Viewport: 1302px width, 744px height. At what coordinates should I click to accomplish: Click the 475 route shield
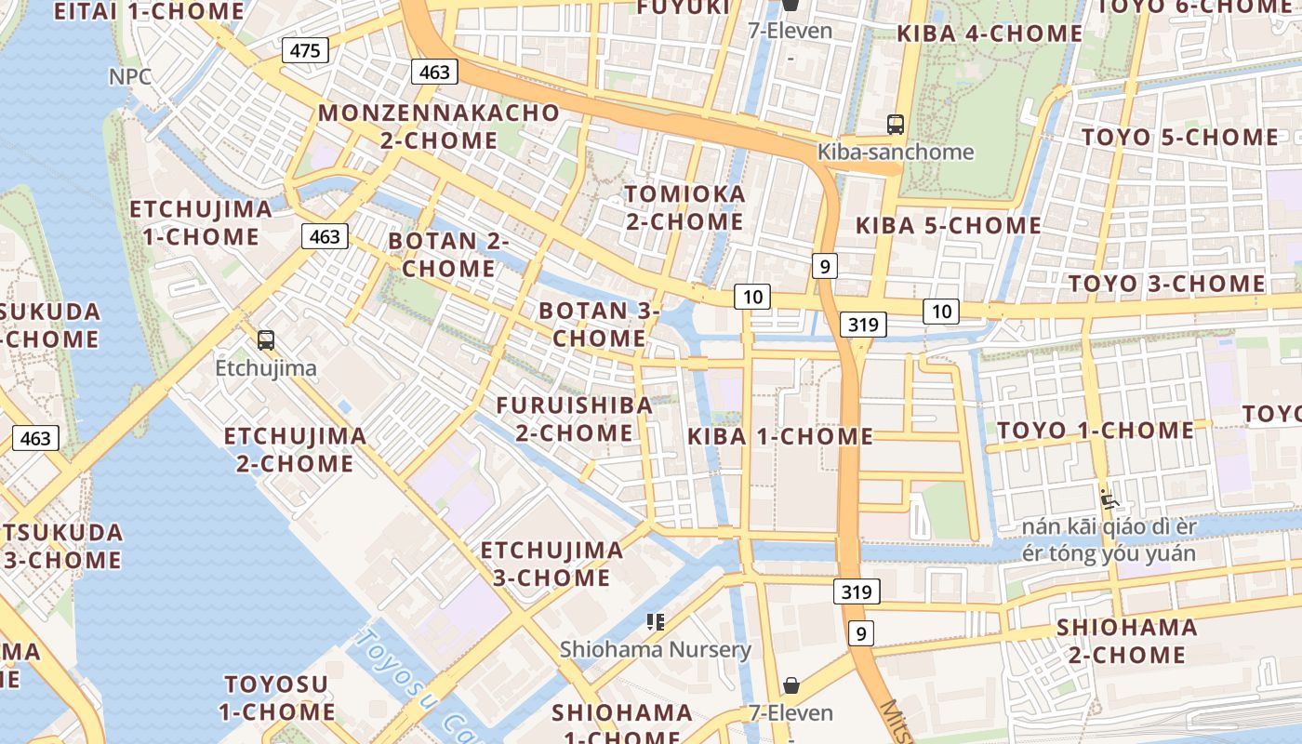click(305, 50)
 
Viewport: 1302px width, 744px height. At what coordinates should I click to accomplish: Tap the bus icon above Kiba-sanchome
click(896, 124)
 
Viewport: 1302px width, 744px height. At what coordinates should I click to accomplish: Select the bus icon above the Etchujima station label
click(266, 339)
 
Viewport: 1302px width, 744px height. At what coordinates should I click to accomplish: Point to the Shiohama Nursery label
click(655, 649)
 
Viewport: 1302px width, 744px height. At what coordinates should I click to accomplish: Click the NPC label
click(130, 76)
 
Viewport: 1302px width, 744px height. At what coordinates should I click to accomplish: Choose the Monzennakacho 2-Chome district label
click(439, 126)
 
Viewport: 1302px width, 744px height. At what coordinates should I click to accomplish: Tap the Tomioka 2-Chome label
click(684, 208)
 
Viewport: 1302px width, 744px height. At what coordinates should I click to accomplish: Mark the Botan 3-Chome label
click(599, 324)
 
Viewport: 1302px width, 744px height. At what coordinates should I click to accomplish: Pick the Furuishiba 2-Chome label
click(574, 418)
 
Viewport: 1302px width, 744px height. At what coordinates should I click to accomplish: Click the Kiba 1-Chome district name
click(780, 436)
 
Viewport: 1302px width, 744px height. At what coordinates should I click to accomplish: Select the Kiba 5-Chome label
click(949, 225)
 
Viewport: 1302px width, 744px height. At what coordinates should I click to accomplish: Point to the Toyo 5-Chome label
click(1179, 137)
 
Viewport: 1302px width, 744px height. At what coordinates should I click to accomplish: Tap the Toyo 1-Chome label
click(1096, 430)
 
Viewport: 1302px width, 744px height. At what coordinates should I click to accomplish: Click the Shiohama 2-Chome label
click(1126, 641)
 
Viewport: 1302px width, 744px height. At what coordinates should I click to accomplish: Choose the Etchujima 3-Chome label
click(551, 564)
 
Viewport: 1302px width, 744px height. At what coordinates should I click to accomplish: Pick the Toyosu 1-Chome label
click(276, 698)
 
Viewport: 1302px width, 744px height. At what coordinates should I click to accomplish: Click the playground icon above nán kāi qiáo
click(1109, 499)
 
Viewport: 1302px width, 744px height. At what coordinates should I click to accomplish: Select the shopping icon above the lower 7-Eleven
click(790, 685)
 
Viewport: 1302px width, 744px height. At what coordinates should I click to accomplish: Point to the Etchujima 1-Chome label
click(201, 222)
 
